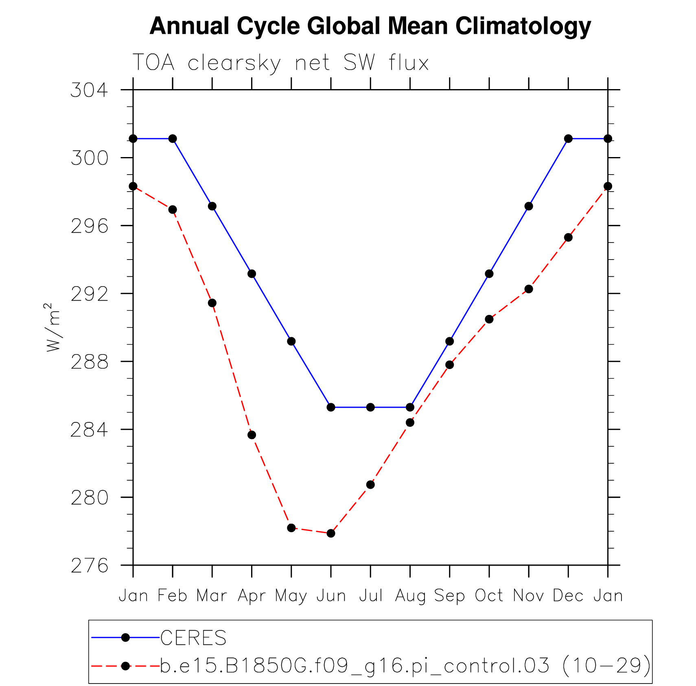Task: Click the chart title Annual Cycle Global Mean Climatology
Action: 370,26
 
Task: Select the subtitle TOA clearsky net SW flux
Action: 280,63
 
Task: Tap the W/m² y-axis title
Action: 53,327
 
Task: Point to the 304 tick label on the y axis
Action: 90,90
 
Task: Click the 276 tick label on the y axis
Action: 90,566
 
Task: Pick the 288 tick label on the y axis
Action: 90,362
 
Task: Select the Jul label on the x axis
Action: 370,596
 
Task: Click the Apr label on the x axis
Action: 252,596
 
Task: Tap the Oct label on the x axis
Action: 489,596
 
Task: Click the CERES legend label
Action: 193,638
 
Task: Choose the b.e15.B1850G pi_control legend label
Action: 405,666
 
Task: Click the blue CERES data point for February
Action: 173,139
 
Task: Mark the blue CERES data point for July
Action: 370,407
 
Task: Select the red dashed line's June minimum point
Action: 331,533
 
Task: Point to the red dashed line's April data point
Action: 252,435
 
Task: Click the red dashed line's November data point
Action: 529,289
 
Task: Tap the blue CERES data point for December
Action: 568,139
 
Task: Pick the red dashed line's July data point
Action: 370,485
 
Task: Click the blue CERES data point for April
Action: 252,274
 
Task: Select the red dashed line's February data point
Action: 173,210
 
